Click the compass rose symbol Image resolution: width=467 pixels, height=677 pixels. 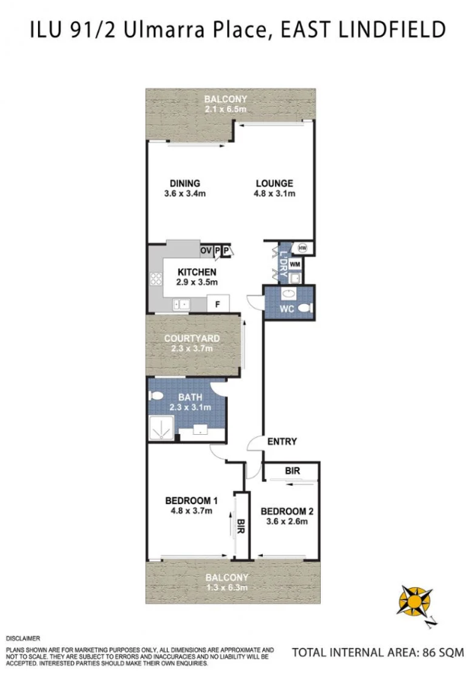pyautogui.click(x=414, y=602)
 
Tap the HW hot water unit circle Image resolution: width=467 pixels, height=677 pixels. pyautogui.click(x=302, y=247)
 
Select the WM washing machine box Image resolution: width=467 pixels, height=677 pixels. pyautogui.click(x=295, y=263)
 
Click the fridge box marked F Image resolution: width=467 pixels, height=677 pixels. pyautogui.click(x=218, y=304)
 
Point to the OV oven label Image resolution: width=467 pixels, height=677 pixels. pyautogui.click(x=206, y=251)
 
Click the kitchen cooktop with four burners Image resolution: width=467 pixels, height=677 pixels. pyautogui.click(x=156, y=279)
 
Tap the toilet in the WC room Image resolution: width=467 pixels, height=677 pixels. pyautogui.click(x=305, y=308)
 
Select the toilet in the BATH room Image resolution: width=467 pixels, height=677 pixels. pyautogui.click(x=155, y=395)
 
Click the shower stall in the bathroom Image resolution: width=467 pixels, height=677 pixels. pyautogui.click(x=162, y=428)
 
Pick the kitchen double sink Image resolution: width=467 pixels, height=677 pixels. pyautogui.click(x=181, y=305)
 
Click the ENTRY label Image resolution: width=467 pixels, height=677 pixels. pyautogui.click(x=282, y=441)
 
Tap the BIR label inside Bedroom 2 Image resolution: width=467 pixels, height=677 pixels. pyautogui.click(x=293, y=471)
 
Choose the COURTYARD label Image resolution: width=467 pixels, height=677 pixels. pyautogui.click(x=192, y=338)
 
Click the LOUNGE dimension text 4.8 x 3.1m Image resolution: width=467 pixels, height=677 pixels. pyautogui.click(x=274, y=193)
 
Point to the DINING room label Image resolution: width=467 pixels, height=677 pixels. pyautogui.click(x=185, y=184)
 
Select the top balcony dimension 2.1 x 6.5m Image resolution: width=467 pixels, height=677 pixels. pyautogui.click(x=226, y=109)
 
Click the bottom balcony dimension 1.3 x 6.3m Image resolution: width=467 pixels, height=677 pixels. pyautogui.click(x=227, y=587)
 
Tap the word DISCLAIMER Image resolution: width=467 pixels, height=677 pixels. pyautogui.click(x=23, y=638)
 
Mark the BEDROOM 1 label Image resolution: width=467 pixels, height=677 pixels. pyautogui.click(x=191, y=501)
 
